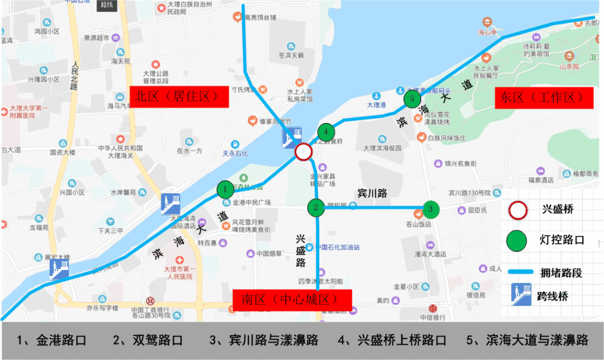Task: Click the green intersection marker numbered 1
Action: click(x=225, y=190)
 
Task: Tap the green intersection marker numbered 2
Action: click(x=316, y=207)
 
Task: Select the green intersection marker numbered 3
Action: click(x=430, y=209)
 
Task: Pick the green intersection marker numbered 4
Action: click(x=325, y=132)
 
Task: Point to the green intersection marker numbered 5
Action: click(x=412, y=99)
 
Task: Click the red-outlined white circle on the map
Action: click(x=303, y=151)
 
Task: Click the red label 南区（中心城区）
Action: click(x=291, y=300)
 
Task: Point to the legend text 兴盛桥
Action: click(x=558, y=210)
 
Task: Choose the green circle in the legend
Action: click(x=517, y=241)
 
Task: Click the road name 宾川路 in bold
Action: click(x=372, y=193)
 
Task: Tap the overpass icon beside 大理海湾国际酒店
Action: click(x=170, y=203)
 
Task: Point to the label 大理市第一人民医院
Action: click(x=178, y=272)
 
